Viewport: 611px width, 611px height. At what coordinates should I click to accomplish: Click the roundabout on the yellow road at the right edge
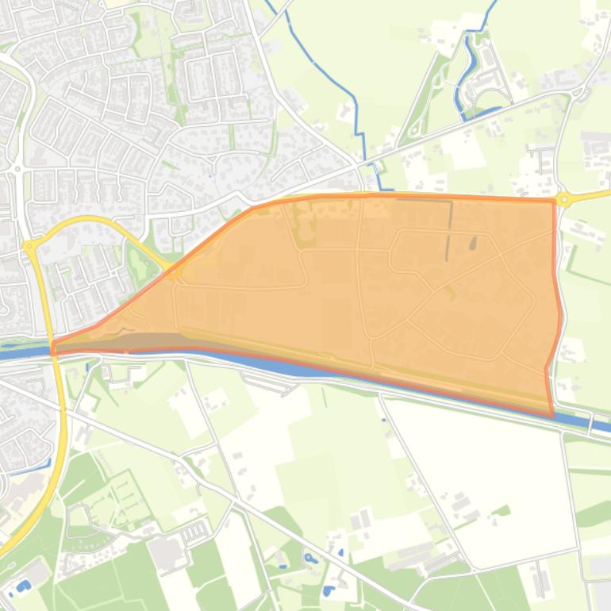tap(564, 199)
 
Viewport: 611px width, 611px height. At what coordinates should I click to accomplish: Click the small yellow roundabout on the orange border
tap(175, 273)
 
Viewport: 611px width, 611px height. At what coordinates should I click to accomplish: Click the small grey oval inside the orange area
tap(474, 244)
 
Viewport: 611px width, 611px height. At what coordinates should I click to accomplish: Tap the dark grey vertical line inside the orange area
tap(449, 230)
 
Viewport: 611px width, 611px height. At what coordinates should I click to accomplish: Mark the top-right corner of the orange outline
tap(554, 201)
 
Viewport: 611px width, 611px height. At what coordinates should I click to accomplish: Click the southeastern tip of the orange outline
tap(552, 415)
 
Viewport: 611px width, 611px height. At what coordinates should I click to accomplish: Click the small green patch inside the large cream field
tap(500, 513)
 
